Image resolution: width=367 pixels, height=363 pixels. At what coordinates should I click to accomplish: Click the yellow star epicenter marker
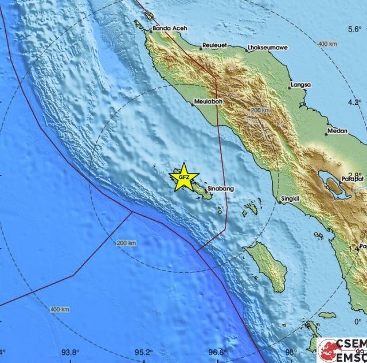(x=183, y=177)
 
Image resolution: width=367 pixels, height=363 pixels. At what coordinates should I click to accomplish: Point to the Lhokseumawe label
(x=267, y=48)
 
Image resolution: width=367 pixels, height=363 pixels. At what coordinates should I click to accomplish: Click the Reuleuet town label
(x=217, y=45)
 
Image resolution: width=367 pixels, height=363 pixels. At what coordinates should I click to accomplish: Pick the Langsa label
(x=300, y=85)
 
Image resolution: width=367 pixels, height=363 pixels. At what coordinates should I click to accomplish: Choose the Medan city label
(x=337, y=131)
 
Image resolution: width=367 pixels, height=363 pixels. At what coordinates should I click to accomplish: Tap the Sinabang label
(x=220, y=188)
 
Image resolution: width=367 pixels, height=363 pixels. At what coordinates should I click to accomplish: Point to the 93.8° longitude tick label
(x=71, y=353)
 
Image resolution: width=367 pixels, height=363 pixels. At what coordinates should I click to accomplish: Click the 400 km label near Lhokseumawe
(x=327, y=44)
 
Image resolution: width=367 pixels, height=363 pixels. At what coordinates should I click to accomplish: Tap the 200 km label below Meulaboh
(x=260, y=109)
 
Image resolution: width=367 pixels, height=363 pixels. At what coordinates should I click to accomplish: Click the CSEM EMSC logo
(x=342, y=349)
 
